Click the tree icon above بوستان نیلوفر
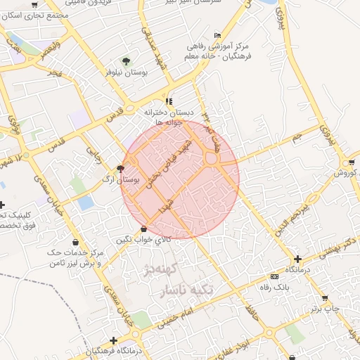click(127, 61)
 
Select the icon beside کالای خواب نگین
click(144, 229)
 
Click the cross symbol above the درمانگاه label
click(298, 259)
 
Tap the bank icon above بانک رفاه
click(274, 277)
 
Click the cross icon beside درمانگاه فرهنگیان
click(113, 340)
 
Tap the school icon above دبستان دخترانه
click(169, 101)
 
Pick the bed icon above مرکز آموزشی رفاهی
click(217, 35)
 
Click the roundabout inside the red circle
click(212, 160)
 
